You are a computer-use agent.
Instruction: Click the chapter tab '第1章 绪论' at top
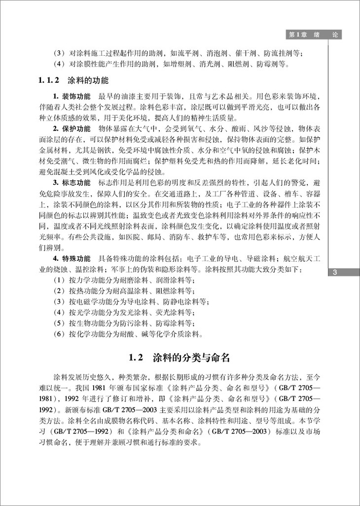(x=314, y=35)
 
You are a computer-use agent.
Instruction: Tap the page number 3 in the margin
(x=335, y=273)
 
